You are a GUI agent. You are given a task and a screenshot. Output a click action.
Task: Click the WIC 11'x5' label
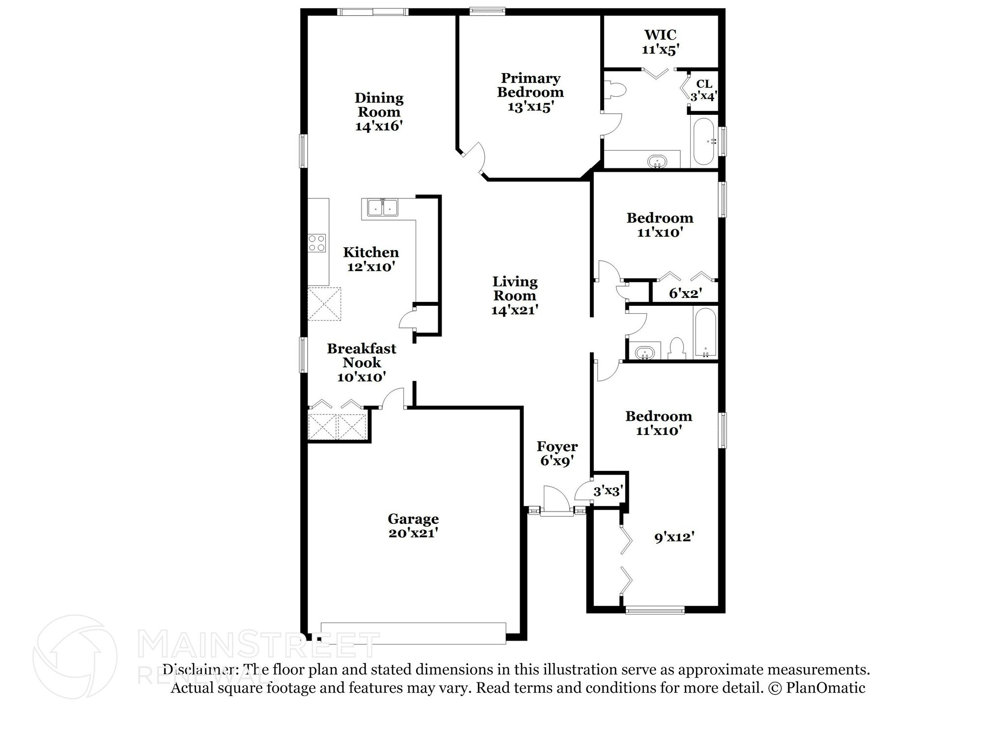660,42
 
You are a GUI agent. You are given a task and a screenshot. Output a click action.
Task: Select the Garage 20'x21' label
413,525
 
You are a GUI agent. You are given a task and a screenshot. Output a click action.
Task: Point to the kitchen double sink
383,208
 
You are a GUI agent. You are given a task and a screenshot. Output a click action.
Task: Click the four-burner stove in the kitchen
317,243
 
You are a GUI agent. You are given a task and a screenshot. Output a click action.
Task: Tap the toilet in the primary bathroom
616,90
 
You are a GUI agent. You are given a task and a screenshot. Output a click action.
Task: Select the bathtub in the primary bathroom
703,141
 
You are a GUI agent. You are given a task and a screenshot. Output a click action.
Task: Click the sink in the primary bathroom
657,161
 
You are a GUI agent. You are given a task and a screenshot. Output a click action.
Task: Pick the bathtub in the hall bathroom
705,333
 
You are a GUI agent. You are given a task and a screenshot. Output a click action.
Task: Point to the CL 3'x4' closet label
704,90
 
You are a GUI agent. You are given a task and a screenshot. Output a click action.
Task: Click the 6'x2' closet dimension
685,294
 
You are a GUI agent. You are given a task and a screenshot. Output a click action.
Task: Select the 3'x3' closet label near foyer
608,490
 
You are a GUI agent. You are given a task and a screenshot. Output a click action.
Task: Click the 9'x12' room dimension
673,537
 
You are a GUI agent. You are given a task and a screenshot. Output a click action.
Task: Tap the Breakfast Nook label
362,362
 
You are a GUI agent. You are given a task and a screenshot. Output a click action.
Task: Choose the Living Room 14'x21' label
515,295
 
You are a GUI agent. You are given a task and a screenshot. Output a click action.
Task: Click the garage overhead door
413,633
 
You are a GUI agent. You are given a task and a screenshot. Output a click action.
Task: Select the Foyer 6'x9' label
557,453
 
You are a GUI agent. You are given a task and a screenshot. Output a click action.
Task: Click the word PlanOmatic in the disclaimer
825,688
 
